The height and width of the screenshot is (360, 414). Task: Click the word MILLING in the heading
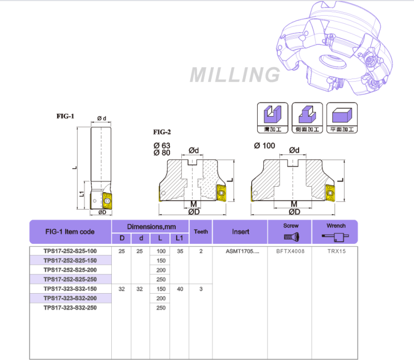(x=235, y=74)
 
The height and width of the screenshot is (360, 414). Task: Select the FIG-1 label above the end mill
(x=65, y=116)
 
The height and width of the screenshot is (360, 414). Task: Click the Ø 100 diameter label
(x=264, y=146)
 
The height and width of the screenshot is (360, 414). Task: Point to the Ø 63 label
(x=162, y=145)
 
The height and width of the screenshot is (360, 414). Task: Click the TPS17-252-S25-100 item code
(x=70, y=251)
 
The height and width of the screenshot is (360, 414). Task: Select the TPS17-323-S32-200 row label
(x=70, y=298)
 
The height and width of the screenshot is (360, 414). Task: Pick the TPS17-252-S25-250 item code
(x=70, y=279)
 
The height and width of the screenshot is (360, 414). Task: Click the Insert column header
(x=240, y=232)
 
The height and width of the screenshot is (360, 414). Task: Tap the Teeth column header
(x=201, y=232)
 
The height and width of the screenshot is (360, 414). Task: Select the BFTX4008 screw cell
(x=290, y=251)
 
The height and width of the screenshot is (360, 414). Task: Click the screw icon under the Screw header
(x=291, y=236)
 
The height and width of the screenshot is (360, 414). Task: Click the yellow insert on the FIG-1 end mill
(x=109, y=199)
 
